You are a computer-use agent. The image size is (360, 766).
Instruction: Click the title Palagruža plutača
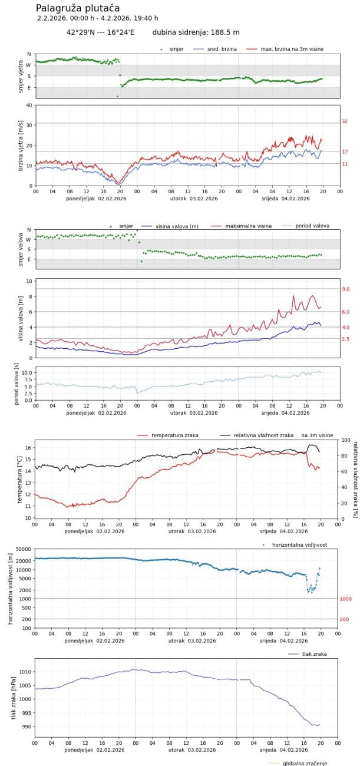(78, 8)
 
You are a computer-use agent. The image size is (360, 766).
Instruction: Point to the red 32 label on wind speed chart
(345, 121)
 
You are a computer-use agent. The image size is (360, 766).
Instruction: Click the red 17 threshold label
(345, 151)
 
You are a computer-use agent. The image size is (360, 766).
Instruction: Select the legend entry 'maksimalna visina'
(248, 226)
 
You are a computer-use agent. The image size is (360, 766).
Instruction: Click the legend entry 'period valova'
(312, 226)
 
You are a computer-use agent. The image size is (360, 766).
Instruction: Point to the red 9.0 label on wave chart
(346, 289)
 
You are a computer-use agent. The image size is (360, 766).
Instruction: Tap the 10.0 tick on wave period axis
(26, 373)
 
